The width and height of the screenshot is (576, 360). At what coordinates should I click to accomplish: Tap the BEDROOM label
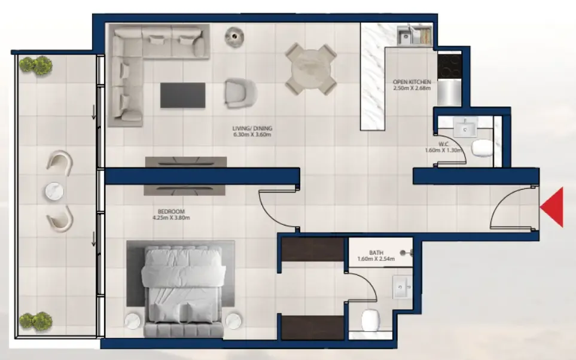pos(171,212)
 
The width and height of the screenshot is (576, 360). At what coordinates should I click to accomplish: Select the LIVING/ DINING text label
pos(252,129)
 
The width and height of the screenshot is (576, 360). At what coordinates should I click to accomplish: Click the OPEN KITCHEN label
pos(412,82)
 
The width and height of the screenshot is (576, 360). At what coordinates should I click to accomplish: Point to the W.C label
pos(443,144)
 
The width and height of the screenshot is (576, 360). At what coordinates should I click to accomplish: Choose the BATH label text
pos(376,253)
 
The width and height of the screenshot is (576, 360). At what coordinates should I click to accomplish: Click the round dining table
pos(311,69)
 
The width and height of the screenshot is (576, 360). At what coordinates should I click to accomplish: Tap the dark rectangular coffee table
pos(182,95)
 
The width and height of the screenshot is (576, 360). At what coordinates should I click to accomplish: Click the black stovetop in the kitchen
pos(450,66)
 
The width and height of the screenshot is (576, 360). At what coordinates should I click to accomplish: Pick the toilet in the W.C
pos(482,148)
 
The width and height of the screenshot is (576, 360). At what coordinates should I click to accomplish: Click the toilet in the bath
pos(370,321)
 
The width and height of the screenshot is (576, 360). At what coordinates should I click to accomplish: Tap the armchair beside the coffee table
pos(240,93)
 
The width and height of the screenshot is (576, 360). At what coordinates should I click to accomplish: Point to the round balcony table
pos(54,191)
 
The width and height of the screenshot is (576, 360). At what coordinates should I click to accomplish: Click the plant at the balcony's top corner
pos(36,66)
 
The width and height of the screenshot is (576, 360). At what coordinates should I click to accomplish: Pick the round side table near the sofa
pos(234,37)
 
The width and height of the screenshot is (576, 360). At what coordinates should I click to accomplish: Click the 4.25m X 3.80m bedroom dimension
pos(171,218)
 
